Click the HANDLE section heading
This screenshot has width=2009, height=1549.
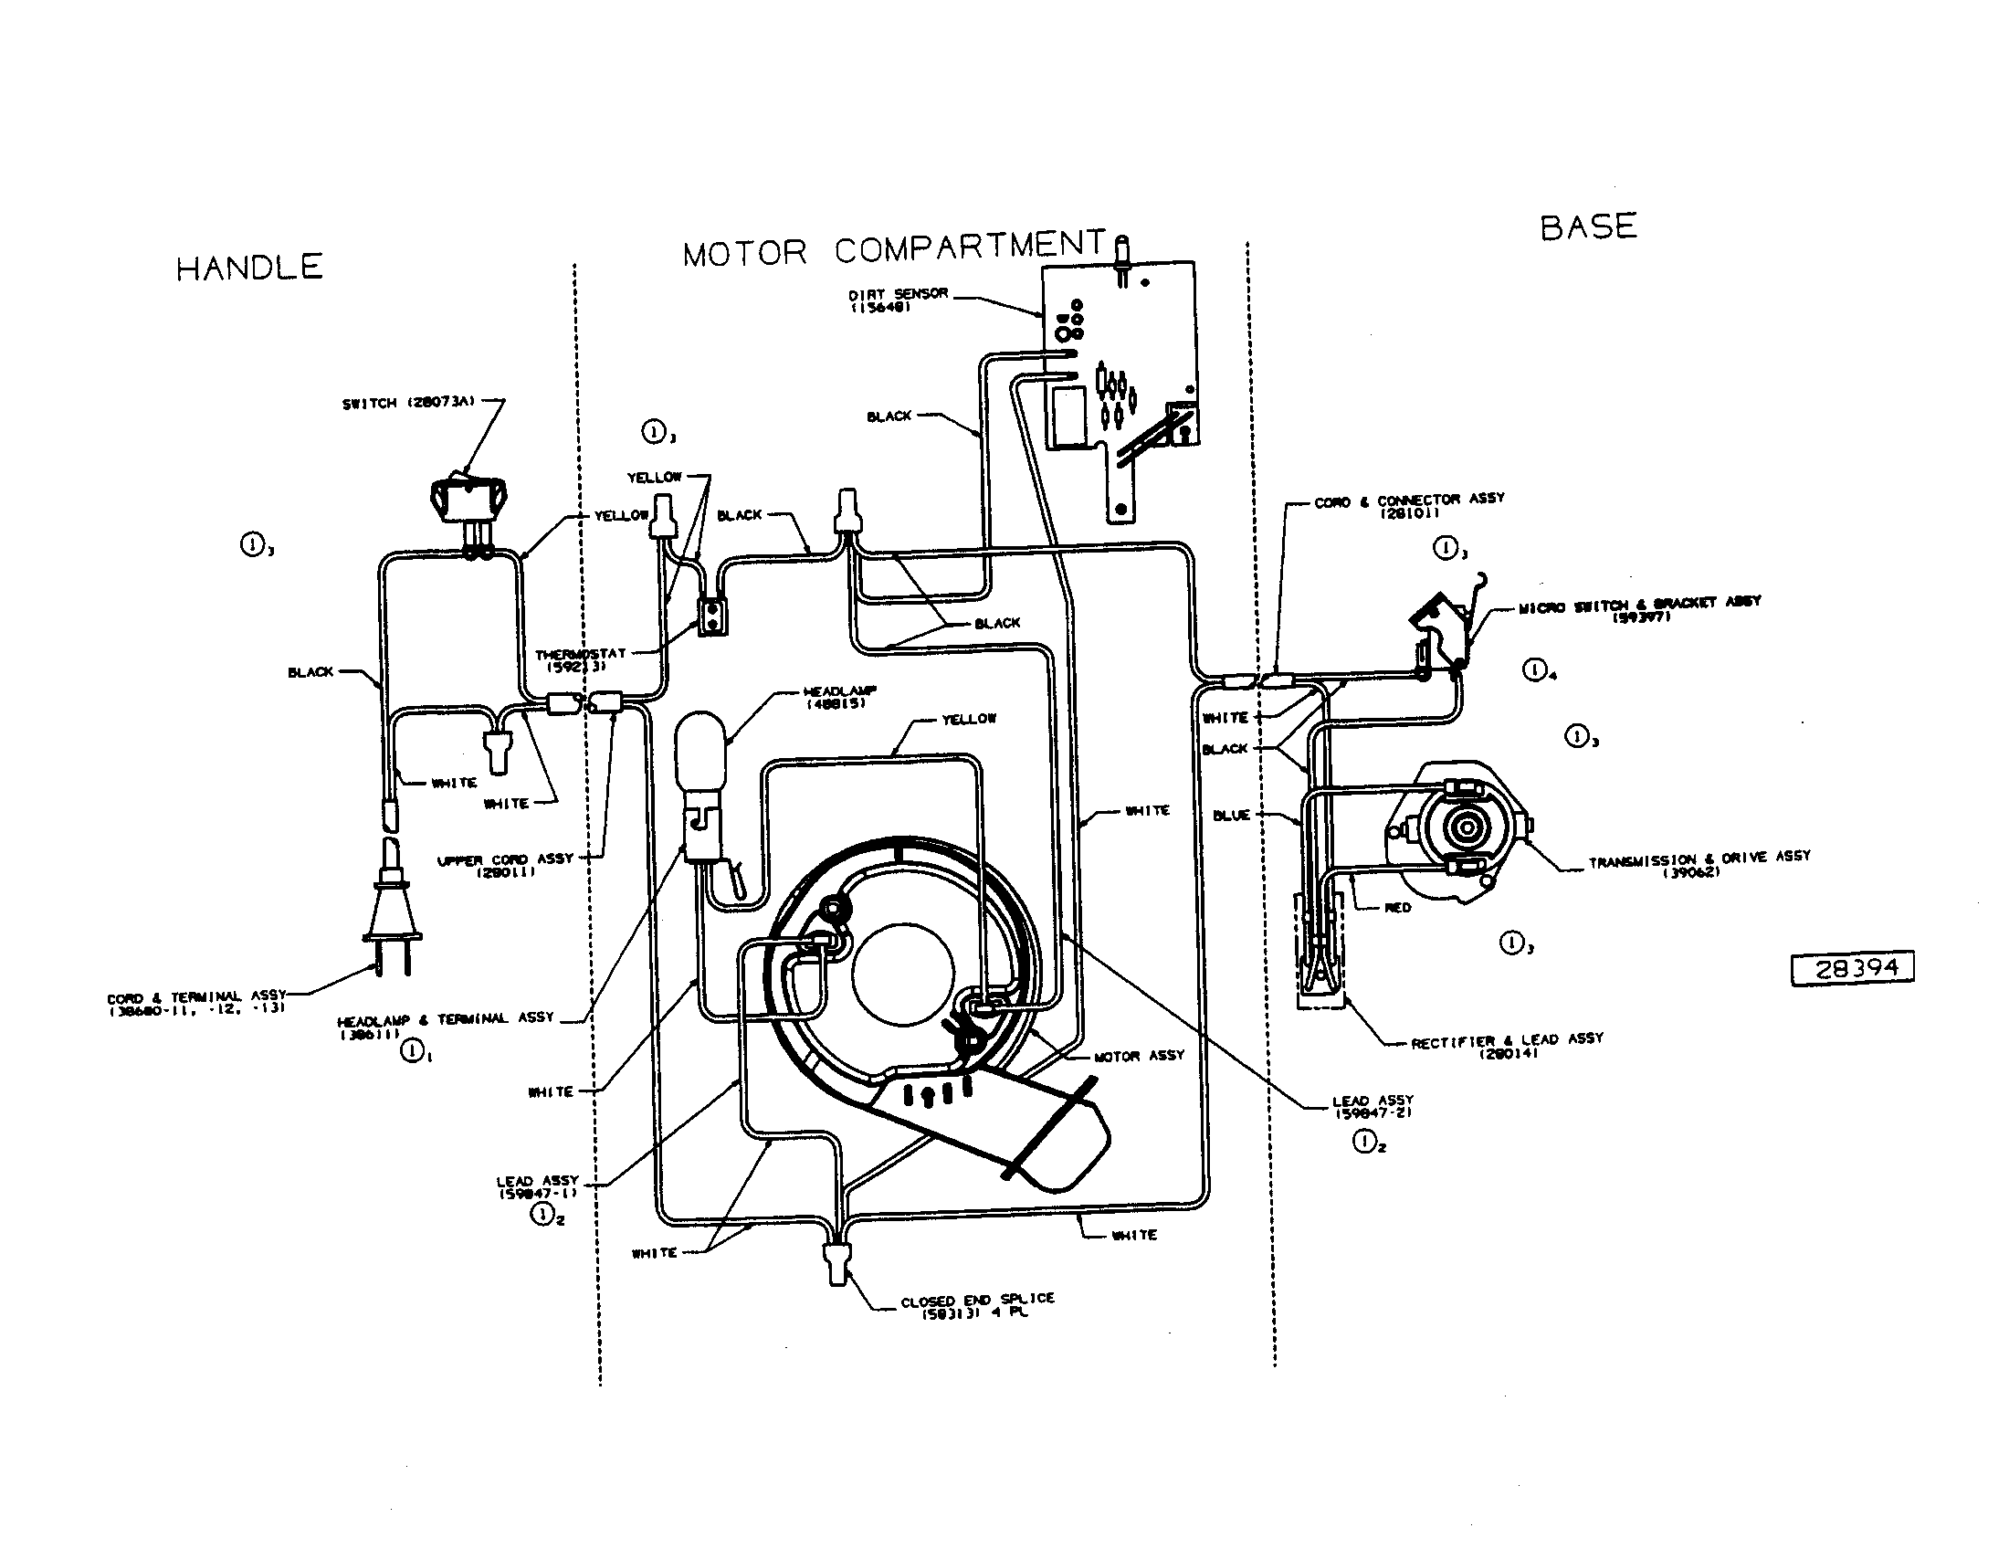point(249,268)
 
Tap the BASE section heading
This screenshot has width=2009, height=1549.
point(1589,227)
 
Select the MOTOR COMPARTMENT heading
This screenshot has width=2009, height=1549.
point(894,248)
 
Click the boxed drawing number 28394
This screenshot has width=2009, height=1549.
point(1852,969)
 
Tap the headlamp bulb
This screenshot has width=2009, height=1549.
point(701,750)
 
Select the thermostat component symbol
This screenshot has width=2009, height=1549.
point(711,617)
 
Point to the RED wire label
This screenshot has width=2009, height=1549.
point(1397,908)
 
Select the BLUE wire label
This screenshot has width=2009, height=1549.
point(1231,815)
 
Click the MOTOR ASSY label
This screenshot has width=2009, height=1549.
point(1139,1056)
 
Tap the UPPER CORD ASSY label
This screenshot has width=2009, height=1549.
point(504,864)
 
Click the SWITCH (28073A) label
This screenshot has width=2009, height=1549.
point(407,403)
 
